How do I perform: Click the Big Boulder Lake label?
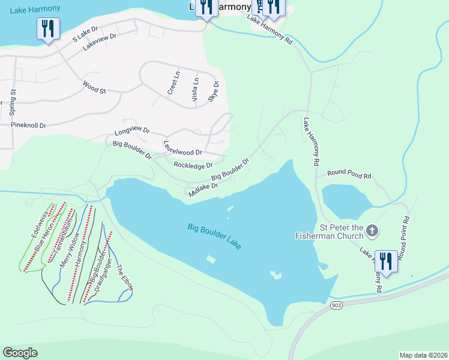pos(214,236)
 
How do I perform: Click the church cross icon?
pos(372,230)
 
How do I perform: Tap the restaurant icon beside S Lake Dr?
pos(47,28)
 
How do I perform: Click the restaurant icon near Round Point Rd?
pos(385,261)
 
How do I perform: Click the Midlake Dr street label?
pos(202,190)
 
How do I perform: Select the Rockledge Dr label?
pos(193,165)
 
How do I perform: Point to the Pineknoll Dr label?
pos(28,125)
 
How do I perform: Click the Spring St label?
pos(12,102)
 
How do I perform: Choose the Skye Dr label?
pos(213,91)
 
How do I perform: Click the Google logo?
pos(20,353)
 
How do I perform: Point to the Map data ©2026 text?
pos(423,355)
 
